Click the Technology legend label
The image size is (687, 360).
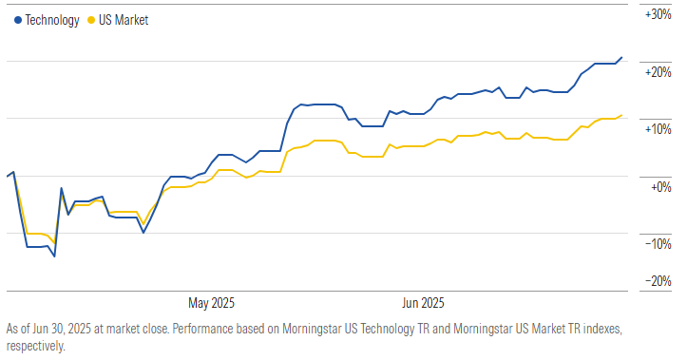click(52, 20)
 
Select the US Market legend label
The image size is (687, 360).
click(124, 20)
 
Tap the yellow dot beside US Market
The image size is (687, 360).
click(90, 20)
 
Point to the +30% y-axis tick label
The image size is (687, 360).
click(658, 15)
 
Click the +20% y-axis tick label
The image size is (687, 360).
click(658, 72)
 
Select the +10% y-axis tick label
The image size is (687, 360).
click(658, 129)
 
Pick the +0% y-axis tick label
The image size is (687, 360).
click(660, 186)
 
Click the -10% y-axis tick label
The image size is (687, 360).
click(658, 244)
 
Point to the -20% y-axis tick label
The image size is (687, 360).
click(658, 281)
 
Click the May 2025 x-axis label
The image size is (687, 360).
click(211, 304)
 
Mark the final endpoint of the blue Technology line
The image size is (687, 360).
click(622, 57)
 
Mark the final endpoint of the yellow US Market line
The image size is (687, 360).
click(622, 115)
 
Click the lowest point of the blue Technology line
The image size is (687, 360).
click(54, 256)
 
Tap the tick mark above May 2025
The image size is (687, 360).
click(211, 293)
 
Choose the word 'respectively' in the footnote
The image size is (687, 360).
click(33, 346)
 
